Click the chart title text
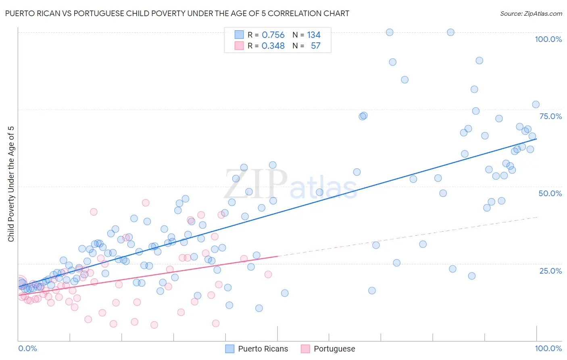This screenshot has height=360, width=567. point(177,13)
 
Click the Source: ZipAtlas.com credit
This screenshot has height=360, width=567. point(531,13)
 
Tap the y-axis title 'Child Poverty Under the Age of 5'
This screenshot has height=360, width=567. point(11,184)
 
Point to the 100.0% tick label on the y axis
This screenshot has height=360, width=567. point(548,39)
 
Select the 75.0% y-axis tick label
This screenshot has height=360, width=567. point(550,116)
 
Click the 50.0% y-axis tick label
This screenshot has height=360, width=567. point(550,193)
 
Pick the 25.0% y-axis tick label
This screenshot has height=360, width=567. point(550,271)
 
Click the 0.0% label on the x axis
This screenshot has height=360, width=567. point(27,348)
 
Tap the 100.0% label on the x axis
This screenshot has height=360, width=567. point(548,348)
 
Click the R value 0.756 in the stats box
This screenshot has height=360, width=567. point(273,35)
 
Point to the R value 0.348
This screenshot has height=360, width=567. point(273,46)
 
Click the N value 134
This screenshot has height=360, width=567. point(314,35)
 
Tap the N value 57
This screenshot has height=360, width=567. point(315,46)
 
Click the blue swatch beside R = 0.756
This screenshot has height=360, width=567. point(239,35)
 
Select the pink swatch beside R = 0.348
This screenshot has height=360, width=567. point(239,46)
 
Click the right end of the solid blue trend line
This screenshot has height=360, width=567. point(536,138)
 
